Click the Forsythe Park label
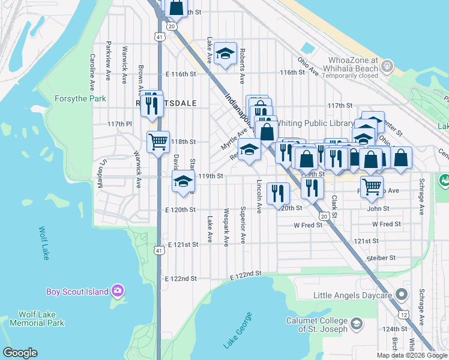pos(80,98)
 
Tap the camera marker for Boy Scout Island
pos(118,292)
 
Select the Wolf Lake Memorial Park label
pos(41,319)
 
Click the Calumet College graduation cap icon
pos(357,325)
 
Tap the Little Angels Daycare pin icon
pos(402,295)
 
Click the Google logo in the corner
pos(20,353)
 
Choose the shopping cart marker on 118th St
pos(158,142)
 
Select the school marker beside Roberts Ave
pos(225,54)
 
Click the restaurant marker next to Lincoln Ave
pos(277,193)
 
